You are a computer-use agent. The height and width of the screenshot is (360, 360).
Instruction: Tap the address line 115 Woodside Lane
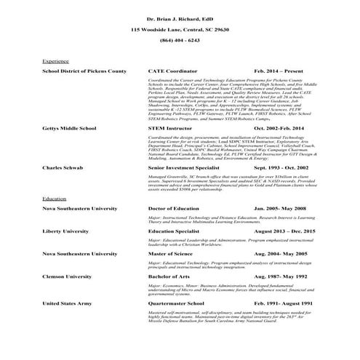coord(180,29)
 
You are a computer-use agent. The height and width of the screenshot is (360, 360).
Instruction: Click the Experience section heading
coord(56,62)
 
